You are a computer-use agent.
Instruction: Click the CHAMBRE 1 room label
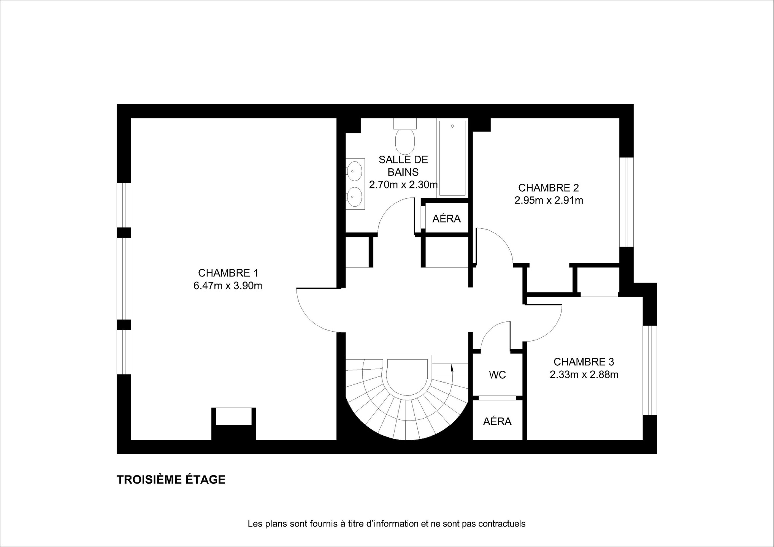(x=228, y=273)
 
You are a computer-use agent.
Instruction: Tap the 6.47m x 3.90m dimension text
(x=228, y=286)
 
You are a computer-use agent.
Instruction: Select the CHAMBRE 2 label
(x=549, y=188)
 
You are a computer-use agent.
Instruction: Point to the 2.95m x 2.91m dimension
(x=549, y=200)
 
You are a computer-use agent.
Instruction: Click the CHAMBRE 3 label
(x=584, y=362)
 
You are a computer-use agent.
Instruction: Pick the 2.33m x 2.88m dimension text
(x=584, y=375)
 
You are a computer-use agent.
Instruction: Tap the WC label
(x=498, y=375)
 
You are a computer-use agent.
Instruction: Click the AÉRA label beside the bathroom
(x=447, y=218)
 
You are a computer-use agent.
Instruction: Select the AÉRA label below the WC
(x=497, y=421)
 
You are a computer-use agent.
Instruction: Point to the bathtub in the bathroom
(x=452, y=158)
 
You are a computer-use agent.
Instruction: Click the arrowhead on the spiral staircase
(x=452, y=367)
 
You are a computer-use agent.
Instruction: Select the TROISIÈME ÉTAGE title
(x=171, y=480)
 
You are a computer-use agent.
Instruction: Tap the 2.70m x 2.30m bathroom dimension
(x=403, y=185)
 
